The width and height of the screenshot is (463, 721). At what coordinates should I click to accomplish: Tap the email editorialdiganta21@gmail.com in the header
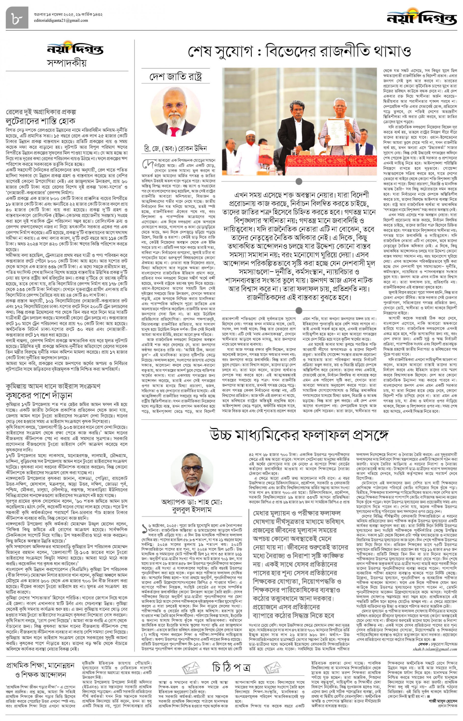(x=61, y=21)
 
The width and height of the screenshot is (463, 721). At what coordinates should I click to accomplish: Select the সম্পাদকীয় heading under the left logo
(x=67, y=63)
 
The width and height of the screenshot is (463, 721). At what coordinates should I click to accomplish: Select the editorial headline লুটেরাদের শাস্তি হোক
(x=41, y=121)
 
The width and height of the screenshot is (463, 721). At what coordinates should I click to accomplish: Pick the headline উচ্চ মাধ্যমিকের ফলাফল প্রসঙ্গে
(x=299, y=435)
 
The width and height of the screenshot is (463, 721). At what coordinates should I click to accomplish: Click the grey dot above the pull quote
(x=298, y=181)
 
